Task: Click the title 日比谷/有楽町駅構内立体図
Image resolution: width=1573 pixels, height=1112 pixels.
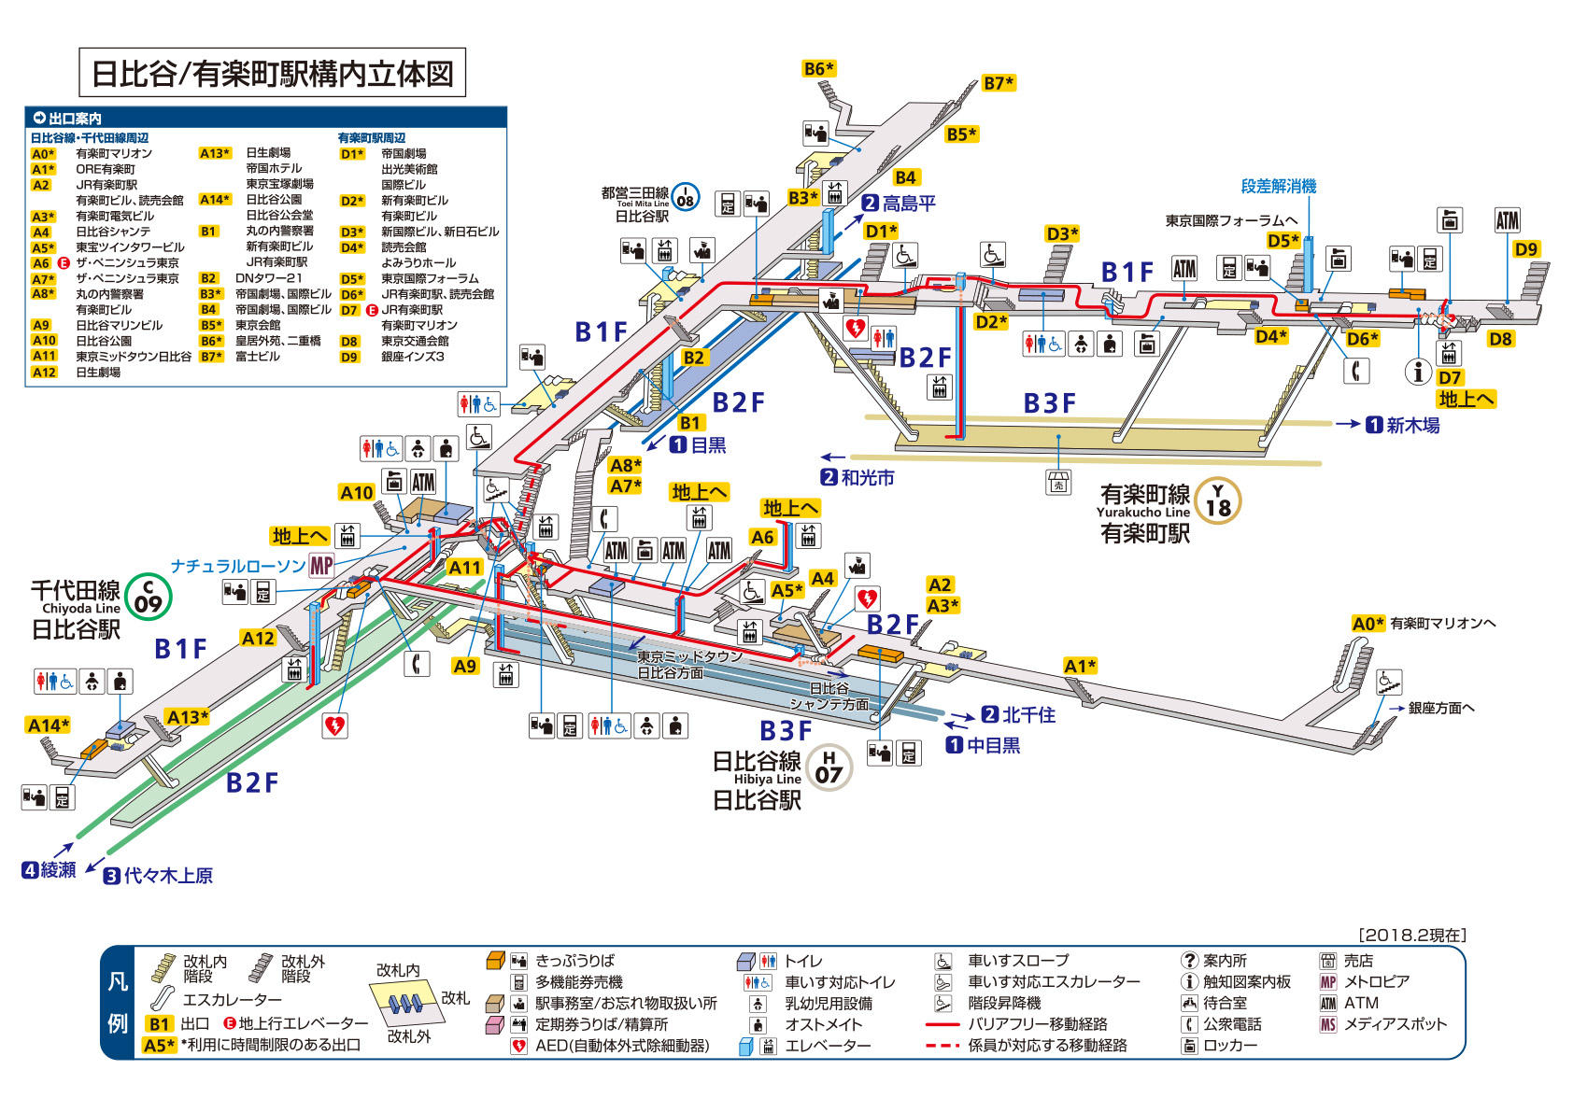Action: (272, 73)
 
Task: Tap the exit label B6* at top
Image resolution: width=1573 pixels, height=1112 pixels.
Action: (818, 68)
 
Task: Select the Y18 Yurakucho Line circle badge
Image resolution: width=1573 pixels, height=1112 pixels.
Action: (1218, 500)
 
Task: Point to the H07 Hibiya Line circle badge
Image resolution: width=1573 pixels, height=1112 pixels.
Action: (829, 767)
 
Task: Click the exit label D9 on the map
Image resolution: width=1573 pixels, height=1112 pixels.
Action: (1525, 249)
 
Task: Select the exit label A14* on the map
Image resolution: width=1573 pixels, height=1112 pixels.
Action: (49, 725)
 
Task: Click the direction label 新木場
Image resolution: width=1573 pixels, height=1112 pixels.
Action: (1411, 425)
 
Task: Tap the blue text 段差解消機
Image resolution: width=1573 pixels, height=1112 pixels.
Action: (1278, 186)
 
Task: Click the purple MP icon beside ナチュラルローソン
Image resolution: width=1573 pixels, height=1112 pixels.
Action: (321, 565)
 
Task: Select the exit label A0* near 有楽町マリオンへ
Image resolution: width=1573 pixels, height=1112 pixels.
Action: (1368, 623)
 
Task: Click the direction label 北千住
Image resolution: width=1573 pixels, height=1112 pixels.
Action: (1027, 714)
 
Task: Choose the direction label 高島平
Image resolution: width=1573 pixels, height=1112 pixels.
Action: (908, 203)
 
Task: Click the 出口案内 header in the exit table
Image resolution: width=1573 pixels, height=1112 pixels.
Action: (75, 119)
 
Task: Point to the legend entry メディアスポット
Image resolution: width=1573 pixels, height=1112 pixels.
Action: (1395, 1024)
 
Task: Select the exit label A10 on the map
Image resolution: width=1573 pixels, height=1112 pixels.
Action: (356, 492)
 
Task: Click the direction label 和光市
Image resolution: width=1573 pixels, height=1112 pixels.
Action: (867, 477)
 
